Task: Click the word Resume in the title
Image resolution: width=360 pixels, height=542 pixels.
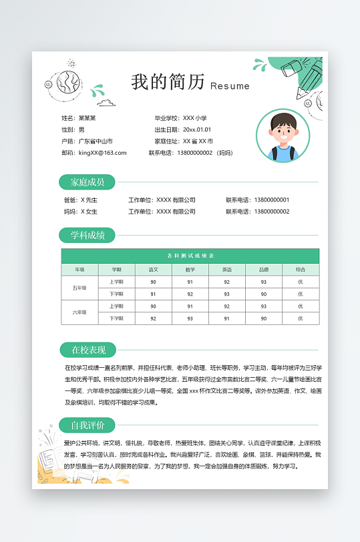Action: coord(230,86)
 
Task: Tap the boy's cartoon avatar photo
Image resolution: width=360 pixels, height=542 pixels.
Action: coord(283,136)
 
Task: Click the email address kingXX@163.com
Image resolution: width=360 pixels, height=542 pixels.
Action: coord(103,153)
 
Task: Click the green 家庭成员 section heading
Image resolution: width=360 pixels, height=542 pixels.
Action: coord(87,182)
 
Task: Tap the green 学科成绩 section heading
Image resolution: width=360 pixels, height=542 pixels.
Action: coord(87,235)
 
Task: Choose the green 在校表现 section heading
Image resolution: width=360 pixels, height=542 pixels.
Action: coord(87,349)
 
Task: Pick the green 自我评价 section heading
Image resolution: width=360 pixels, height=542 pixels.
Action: coord(87,425)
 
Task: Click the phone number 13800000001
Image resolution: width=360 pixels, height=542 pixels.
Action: coord(272,200)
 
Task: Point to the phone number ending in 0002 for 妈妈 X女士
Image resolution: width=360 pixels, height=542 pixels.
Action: coord(272,212)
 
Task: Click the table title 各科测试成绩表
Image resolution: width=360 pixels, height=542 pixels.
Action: coord(190,256)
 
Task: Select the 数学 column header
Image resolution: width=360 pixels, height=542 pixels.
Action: coord(190,270)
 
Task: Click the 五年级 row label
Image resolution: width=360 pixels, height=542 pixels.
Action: coord(79,288)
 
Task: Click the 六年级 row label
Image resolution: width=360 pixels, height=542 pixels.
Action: coord(79,312)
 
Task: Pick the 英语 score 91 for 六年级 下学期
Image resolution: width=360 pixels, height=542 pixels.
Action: coord(226,318)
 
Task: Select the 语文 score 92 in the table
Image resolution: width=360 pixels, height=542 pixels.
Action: coord(154,318)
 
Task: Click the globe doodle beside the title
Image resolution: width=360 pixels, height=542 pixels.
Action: coord(67,83)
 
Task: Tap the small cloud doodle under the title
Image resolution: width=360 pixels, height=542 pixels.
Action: coord(106,103)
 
